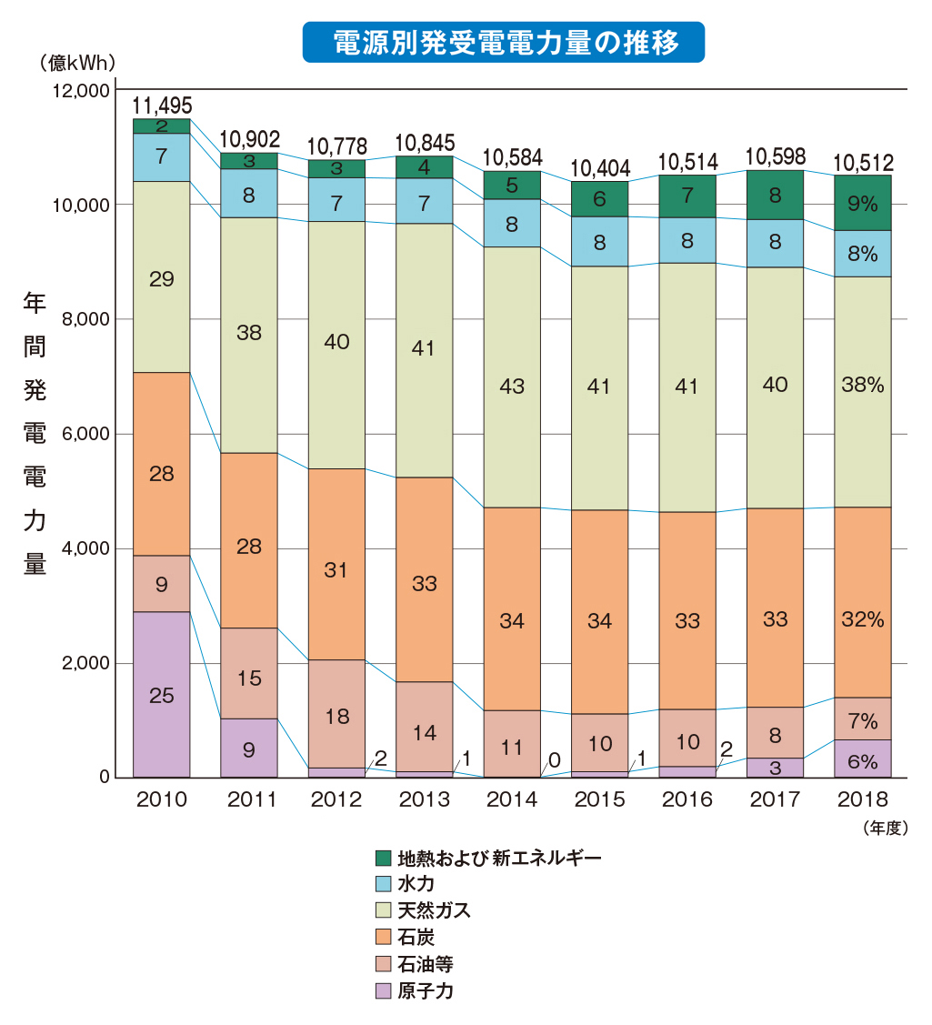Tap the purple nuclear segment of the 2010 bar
(161, 695)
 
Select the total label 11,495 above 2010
(162, 105)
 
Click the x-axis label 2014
(512, 799)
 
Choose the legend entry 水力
(415, 883)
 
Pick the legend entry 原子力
(425, 990)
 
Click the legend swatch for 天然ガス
(383, 910)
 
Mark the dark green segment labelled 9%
(862, 203)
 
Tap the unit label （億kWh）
(77, 63)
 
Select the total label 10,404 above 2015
(599, 168)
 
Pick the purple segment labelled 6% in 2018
(862, 759)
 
